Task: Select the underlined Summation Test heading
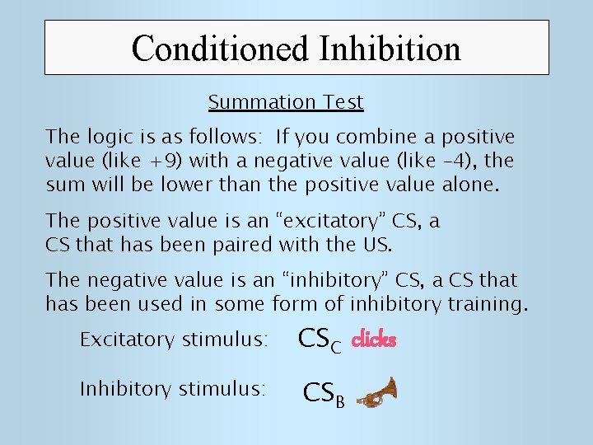(285, 103)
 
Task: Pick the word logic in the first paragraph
(105, 136)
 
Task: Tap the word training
(483, 305)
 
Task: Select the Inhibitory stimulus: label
(172, 389)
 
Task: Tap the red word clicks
(374, 340)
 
